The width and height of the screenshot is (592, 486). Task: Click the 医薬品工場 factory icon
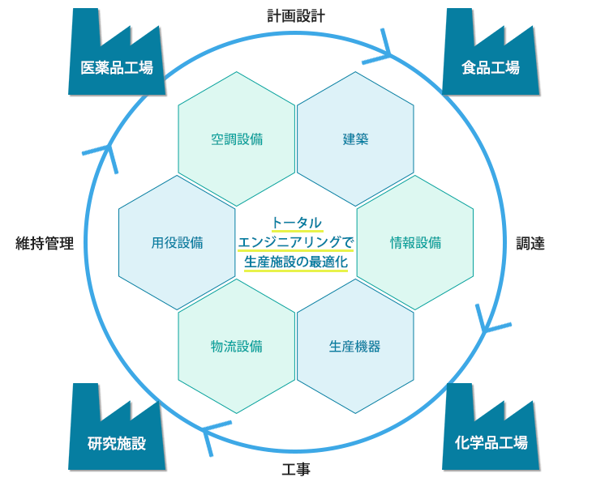(x=117, y=57)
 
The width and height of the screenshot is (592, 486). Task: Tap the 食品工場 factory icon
(x=491, y=57)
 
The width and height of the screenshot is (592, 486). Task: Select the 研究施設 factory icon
(x=117, y=432)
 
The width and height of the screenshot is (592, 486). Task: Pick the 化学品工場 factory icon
(x=491, y=432)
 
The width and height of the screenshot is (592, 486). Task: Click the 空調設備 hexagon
(x=236, y=139)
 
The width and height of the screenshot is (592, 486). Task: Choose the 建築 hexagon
(x=355, y=139)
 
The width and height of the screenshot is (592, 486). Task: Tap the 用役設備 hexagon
(x=177, y=243)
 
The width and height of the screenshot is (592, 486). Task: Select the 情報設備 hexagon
(x=415, y=243)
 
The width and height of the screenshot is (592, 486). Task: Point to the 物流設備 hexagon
(x=236, y=347)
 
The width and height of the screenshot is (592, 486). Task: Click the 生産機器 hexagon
(x=355, y=347)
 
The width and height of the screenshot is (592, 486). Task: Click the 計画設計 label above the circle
(x=296, y=16)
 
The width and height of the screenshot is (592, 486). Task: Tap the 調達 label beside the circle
(x=530, y=243)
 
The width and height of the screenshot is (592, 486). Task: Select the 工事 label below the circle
(x=296, y=470)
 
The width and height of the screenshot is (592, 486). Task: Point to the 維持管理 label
(x=45, y=243)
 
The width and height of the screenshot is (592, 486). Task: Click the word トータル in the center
(x=297, y=223)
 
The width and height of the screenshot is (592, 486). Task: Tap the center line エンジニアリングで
(x=296, y=242)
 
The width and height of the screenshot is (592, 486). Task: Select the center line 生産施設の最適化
(x=296, y=262)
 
